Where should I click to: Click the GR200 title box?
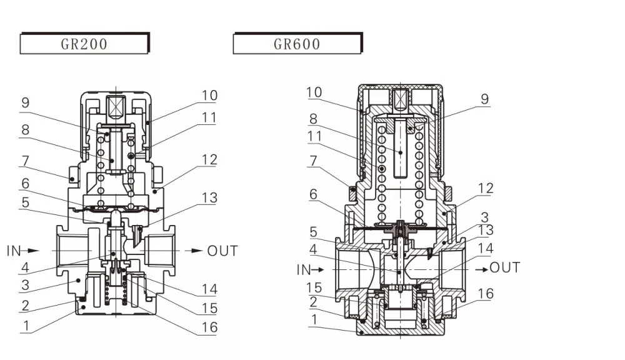84,44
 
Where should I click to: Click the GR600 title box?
297,44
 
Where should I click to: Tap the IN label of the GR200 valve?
14,251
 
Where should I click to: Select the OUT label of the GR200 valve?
222,251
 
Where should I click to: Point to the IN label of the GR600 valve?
304,269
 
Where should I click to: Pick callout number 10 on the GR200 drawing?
209,96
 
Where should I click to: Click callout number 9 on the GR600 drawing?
484,99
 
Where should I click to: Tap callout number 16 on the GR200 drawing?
209,327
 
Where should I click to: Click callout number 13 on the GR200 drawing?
209,198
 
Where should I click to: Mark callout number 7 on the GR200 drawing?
24,161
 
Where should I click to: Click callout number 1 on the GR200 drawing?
24,326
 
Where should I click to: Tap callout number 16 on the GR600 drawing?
486,294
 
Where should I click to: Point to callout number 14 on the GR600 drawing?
486,248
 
